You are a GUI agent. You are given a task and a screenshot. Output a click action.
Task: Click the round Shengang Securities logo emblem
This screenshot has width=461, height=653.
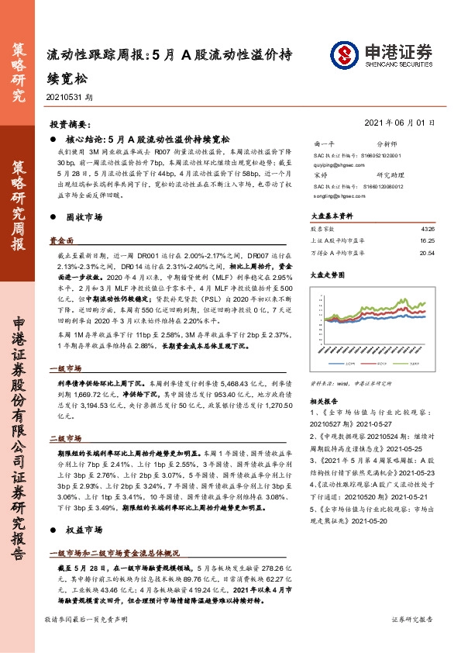(x=345, y=55)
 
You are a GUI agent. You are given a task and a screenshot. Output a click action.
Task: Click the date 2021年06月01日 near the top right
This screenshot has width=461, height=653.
(x=398, y=123)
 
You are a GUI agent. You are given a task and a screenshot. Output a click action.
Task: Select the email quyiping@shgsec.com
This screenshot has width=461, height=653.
(x=333, y=164)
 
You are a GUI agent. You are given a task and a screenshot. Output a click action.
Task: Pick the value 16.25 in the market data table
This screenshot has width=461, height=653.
(x=428, y=241)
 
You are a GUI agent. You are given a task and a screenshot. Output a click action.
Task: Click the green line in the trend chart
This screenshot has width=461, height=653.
(x=403, y=302)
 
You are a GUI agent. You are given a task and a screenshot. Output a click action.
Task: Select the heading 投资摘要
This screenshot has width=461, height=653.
(x=70, y=124)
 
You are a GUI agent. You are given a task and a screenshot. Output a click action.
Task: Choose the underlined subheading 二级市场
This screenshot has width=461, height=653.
(x=64, y=438)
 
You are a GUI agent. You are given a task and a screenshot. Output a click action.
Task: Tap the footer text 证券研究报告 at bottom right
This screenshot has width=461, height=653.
(x=412, y=641)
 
